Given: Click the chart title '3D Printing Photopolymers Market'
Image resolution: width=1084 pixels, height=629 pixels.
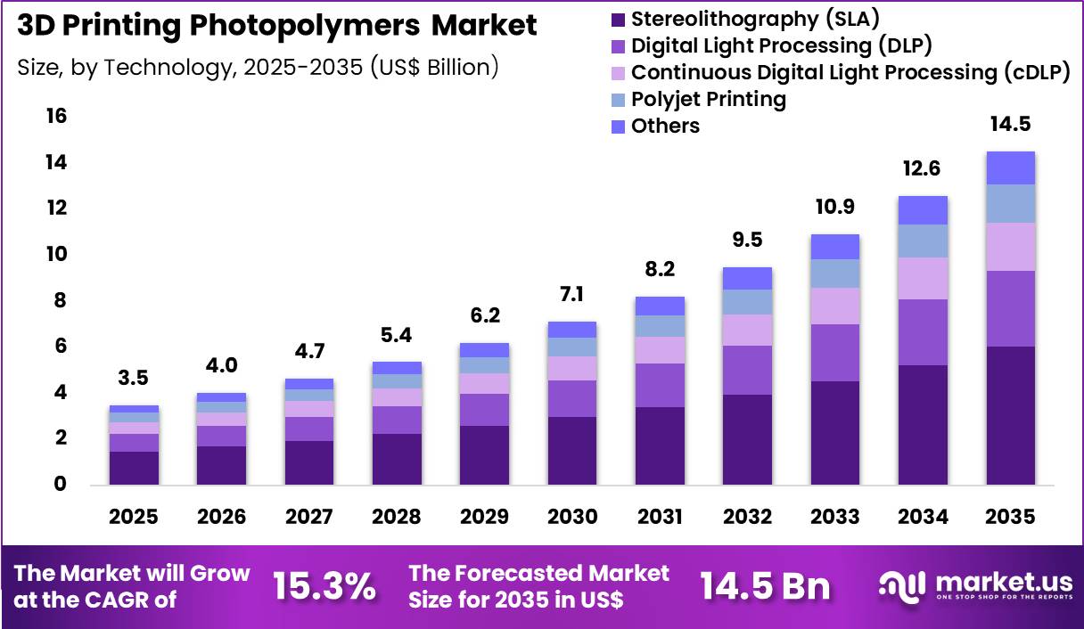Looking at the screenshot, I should pyautogui.click(x=277, y=26).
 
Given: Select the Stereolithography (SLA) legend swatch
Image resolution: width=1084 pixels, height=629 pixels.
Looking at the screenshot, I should pyautogui.click(x=619, y=19).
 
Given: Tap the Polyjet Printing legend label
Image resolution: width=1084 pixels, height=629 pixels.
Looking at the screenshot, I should pyautogui.click(x=709, y=99).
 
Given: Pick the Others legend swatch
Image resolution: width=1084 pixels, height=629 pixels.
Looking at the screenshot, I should pyautogui.click(x=619, y=127).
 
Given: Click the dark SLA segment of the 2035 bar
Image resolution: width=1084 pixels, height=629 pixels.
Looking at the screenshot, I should pyautogui.click(x=1010, y=415).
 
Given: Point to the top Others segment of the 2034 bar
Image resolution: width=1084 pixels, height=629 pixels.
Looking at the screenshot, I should pyautogui.click(x=923, y=210).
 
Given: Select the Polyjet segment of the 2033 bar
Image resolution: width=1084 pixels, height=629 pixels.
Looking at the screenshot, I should pyautogui.click(x=835, y=274).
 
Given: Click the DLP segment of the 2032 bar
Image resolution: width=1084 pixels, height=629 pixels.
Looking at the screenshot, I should pyautogui.click(x=747, y=370).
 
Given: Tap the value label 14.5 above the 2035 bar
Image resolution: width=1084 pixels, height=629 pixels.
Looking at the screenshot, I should pyautogui.click(x=1010, y=124).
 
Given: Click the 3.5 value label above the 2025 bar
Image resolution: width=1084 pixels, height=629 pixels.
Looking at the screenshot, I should pyautogui.click(x=134, y=378).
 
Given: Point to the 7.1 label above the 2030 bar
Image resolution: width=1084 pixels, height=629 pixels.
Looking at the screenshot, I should pyautogui.click(x=571, y=294).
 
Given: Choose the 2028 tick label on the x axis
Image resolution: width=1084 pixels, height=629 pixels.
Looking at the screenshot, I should pyautogui.click(x=397, y=518).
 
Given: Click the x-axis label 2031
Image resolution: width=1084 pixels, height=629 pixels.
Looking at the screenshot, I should pyautogui.click(x=660, y=518).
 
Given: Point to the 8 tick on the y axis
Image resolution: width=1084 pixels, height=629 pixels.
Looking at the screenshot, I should pyautogui.click(x=60, y=300).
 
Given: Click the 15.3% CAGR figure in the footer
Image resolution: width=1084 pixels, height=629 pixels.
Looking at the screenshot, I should pyautogui.click(x=324, y=586).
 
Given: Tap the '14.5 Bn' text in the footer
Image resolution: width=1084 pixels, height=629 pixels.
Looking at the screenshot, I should pyautogui.click(x=765, y=586).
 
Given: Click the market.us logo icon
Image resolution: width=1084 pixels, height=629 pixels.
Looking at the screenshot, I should pyautogui.click(x=903, y=585).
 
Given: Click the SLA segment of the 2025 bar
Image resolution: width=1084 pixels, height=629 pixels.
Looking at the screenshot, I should pyautogui.click(x=134, y=468).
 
